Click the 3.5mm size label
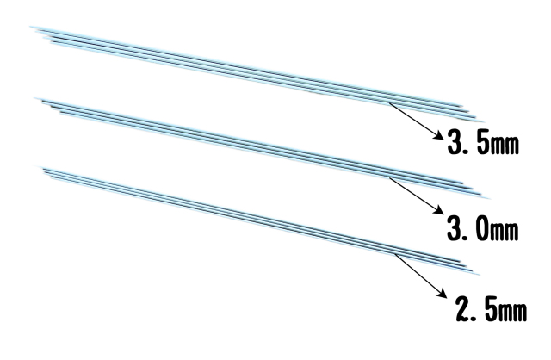483,141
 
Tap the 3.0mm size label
482,227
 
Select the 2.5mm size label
491,308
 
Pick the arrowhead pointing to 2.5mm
443,294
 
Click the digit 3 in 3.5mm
455,141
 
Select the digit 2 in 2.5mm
463,308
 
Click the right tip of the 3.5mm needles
484,122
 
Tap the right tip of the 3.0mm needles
489,198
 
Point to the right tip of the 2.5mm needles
479,274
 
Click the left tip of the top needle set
31,27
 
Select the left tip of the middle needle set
35,99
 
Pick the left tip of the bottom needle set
35,166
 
